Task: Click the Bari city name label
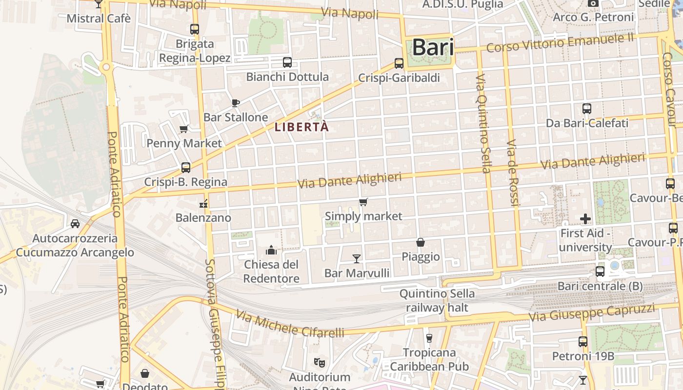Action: (433, 48)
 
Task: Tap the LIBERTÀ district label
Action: (302, 127)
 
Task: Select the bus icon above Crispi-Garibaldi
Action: (399, 63)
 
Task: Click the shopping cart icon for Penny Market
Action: (184, 129)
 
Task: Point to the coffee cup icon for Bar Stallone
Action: (235, 103)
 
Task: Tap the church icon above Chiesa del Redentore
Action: (271, 251)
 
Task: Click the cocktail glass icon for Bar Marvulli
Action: (357, 258)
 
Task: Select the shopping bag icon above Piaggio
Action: (420, 242)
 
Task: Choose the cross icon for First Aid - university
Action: (585, 219)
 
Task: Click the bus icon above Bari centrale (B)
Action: (600, 272)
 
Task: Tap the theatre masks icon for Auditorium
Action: (320, 362)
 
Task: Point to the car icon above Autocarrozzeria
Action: (75, 224)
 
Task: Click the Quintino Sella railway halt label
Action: (437, 301)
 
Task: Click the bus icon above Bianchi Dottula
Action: (287, 62)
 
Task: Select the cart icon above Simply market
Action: (363, 202)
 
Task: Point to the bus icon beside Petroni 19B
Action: (583, 342)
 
